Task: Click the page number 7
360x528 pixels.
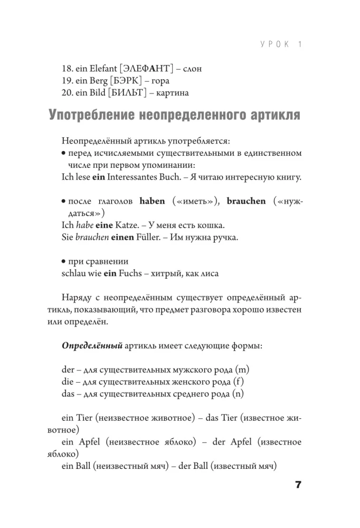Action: (297, 485)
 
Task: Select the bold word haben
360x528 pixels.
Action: (152, 201)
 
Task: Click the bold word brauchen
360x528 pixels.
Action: (247, 201)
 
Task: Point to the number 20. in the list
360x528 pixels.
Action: (69, 93)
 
